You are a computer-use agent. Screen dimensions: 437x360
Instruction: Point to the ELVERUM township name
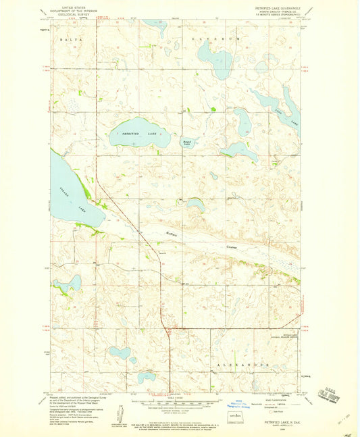click(215, 39)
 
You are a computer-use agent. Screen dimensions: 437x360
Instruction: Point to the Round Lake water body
click(189, 143)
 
